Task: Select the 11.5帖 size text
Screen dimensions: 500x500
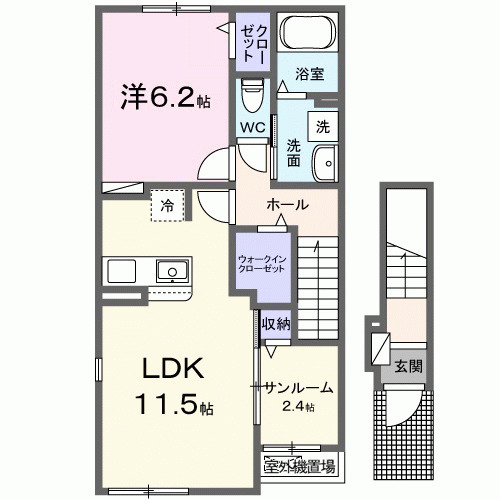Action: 170,407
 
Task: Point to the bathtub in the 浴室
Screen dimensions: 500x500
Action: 305,36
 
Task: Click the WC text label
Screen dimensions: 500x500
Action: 251,127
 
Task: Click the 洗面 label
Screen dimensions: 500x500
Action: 294,154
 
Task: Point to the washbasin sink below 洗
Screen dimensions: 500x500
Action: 324,162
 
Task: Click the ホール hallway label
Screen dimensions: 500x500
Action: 287,205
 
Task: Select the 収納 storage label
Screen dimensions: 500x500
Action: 276,322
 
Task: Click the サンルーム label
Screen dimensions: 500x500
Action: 298,387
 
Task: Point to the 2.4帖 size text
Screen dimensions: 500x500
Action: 298,406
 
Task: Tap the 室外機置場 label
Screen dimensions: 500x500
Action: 299,464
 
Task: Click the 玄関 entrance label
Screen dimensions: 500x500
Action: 407,366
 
